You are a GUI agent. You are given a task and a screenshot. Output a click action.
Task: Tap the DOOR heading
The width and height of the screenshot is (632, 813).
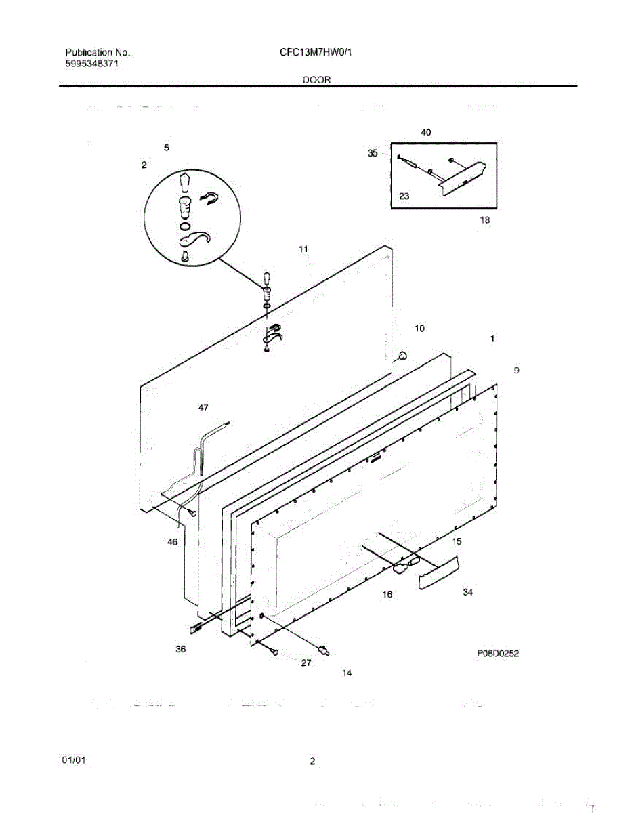[x=316, y=79]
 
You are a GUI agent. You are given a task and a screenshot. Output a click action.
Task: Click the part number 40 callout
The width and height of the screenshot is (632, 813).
[x=425, y=133]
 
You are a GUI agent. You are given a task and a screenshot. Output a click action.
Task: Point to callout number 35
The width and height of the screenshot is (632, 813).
[x=373, y=154]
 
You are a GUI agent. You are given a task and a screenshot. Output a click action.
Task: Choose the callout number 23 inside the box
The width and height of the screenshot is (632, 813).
[x=404, y=196]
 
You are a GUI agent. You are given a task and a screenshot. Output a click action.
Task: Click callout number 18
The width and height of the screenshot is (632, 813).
[x=484, y=220]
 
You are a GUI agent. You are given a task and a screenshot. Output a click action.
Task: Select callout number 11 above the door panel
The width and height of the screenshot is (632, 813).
[x=303, y=249]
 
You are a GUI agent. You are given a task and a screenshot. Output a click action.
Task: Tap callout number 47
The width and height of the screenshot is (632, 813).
[x=203, y=407]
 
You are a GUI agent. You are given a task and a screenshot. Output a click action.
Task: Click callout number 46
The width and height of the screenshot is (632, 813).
[x=172, y=542]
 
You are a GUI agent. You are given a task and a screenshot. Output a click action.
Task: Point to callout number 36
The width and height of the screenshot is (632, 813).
[x=180, y=649]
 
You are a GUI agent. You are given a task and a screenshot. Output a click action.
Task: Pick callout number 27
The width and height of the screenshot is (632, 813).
[x=306, y=663]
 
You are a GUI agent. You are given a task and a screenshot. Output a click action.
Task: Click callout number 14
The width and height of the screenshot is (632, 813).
[x=347, y=673]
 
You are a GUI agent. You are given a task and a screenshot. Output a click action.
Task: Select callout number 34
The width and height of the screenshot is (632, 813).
[x=467, y=593]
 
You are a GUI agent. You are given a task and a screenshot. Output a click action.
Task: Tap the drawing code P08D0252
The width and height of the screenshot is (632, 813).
[x=498, y=654]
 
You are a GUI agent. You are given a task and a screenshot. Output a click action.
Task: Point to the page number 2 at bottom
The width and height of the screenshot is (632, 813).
[x=312, y=762]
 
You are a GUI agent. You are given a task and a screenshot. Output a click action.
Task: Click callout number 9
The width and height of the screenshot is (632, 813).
[x=516, y=370]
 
